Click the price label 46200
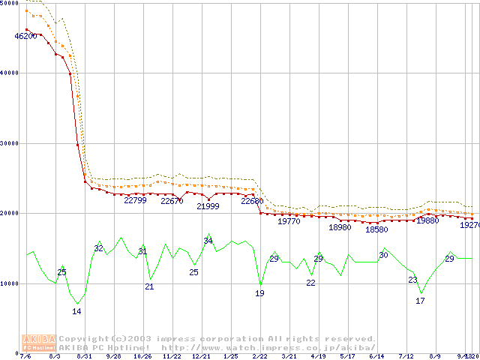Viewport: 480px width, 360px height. [25, 36]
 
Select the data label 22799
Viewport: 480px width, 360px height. [135, 200]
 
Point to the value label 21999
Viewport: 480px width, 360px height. [208, 206]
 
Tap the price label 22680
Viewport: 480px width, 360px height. [252, 201]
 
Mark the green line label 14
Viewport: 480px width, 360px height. [76, 310]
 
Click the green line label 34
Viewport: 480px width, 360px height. [208, 241]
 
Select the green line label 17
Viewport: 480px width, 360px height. [420, 301]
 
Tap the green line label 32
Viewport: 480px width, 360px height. [98, 248]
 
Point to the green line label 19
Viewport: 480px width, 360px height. [259, 293]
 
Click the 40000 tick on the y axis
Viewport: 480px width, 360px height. [9, 73]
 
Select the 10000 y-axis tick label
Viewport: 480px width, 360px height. [9, 283]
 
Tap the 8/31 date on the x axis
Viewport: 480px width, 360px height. [84, 356]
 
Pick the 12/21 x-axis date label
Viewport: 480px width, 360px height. [201, 356]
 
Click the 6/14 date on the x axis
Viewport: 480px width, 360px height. [376, 356]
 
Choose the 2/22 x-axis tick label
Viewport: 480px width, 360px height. [259, 356]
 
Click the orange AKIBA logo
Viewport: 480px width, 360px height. [39, 342]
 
